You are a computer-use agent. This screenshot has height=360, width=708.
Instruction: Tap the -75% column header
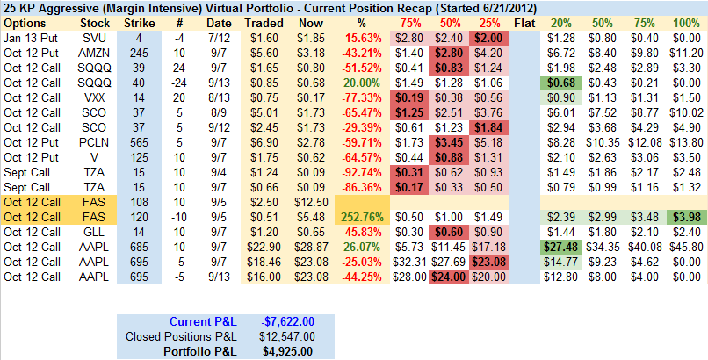point(408,21)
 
